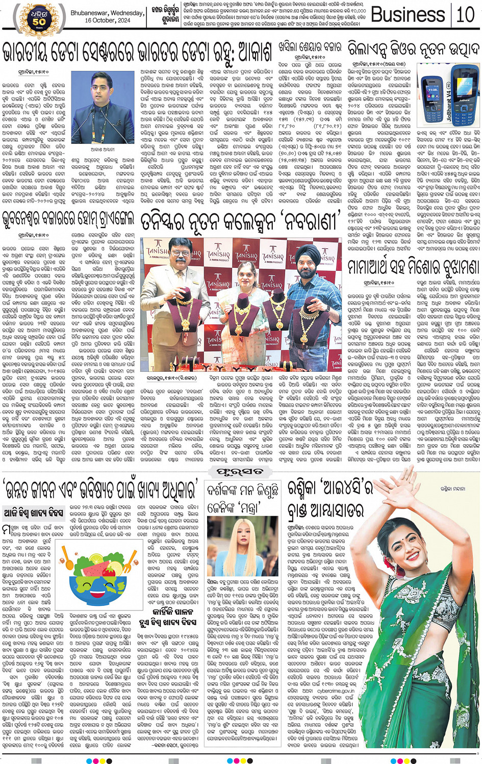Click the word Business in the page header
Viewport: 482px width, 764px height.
point(408,15)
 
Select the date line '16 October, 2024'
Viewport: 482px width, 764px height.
point(107,20)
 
